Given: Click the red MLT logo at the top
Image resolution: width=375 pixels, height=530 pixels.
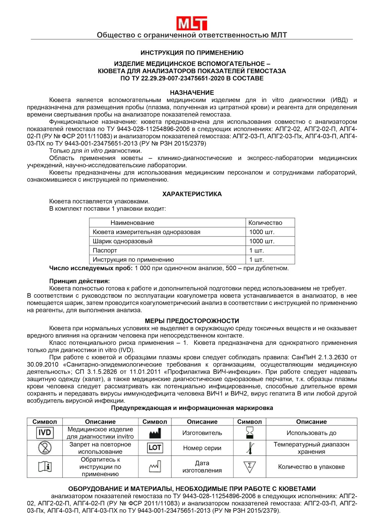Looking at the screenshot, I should coord(192,23).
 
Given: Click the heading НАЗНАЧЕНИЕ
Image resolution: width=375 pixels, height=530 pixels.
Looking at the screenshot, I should coord(192,93).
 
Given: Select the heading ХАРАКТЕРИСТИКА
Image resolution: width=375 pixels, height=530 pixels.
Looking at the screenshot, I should coord(192,194).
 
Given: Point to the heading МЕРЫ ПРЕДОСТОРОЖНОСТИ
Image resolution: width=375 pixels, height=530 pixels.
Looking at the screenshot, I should coord(192,321).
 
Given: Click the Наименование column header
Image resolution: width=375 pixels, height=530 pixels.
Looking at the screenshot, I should coord(132,223).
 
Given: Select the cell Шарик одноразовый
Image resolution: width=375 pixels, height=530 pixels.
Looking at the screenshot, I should coord(123,241).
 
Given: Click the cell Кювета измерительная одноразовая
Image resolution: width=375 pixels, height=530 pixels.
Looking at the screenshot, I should coord(146,232).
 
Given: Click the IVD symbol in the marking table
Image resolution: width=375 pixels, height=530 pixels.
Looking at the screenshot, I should coord(45,433).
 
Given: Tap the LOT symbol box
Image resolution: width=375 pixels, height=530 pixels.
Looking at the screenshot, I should coord(155,448).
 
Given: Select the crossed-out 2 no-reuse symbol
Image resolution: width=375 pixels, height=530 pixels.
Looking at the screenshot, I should coord(45,448).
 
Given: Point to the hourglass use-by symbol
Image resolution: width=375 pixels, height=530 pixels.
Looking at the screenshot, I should coord(250,433).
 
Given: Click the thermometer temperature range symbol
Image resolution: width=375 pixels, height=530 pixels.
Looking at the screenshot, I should coord(250,448).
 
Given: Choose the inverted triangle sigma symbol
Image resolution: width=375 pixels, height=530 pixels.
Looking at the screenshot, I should coord(250,467).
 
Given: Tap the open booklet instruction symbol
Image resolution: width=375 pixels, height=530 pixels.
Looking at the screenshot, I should coord(45,467).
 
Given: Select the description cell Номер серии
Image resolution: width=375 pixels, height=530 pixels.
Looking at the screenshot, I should coord(202,448).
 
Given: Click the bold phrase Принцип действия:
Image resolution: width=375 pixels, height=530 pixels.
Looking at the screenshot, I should coord(79,281).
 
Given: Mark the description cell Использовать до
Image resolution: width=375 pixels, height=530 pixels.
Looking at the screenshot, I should coord(311,433).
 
